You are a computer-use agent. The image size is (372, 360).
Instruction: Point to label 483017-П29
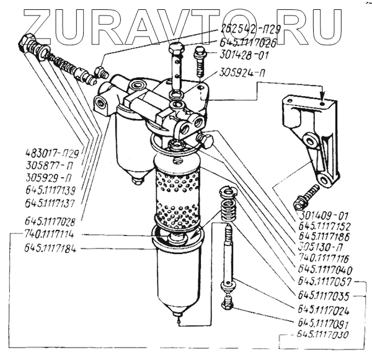tap(51, 151)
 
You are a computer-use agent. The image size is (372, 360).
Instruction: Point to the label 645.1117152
tap(326, 226)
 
